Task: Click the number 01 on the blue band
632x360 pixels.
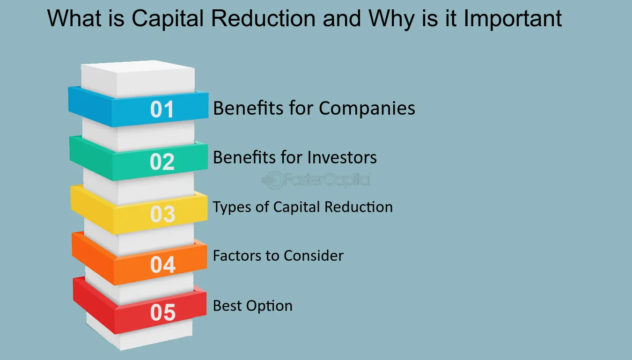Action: (162, 109)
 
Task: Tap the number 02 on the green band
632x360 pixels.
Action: (162, 162)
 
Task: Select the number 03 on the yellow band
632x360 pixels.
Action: (162, 214)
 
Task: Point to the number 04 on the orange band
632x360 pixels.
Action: (163, 264)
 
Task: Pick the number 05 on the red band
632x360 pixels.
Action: (163, 312)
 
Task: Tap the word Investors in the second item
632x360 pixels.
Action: (342, 157)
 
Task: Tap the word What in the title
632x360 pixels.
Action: (74, 18)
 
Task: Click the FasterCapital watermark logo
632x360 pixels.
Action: (316, 180)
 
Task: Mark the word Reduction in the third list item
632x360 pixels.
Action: (358, 207)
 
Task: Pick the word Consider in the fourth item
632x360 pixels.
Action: (314, 256)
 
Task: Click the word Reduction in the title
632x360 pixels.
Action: (263, 18)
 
